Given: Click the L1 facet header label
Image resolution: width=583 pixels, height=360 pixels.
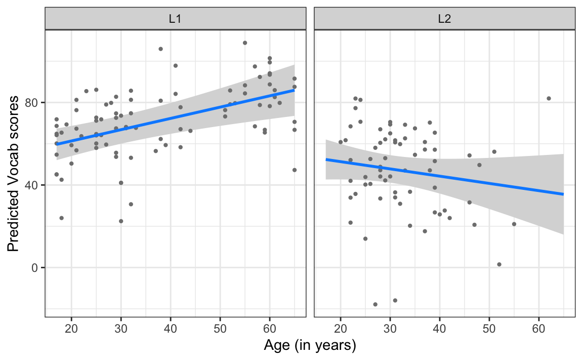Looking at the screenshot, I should [175, 19].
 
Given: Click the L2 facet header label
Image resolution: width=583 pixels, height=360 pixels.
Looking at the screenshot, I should [444, 19].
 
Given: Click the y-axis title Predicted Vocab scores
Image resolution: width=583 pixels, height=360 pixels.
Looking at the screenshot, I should [14, 174].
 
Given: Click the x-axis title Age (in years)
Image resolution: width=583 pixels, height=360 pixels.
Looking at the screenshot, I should [310, 346].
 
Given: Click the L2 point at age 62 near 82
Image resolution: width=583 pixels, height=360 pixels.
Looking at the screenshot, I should [549, 98].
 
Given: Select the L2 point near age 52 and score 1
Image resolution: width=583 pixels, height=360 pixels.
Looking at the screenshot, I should [499, 264].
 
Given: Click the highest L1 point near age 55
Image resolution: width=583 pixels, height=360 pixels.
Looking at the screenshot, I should [245, 43].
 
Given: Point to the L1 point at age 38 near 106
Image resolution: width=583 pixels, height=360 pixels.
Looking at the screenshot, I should [160, 49].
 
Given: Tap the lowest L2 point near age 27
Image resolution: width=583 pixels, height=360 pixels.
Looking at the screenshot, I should [375, 304].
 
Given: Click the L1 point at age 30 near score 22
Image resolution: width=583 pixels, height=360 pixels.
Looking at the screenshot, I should [121, 221].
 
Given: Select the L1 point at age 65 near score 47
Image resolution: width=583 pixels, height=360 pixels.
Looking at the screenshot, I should [295, 170].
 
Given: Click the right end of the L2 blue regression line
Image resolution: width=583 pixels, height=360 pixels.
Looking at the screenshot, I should [563, 194].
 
